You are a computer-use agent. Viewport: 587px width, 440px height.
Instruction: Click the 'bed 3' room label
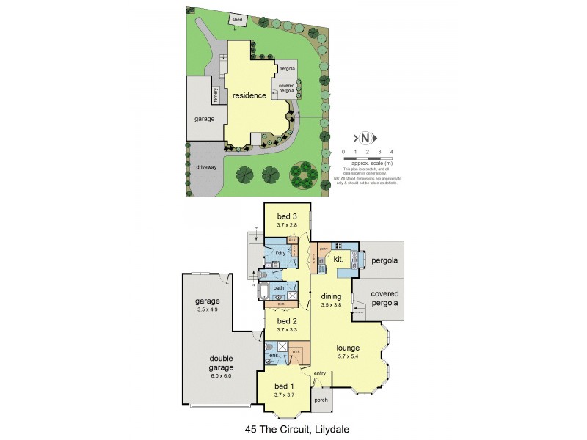click(288, 216)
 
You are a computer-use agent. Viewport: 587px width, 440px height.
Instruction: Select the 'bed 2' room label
click(288, 320)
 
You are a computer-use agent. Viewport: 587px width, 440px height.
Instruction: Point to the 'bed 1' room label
click(283, 386)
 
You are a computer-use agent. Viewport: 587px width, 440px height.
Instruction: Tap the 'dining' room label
click(332, 296)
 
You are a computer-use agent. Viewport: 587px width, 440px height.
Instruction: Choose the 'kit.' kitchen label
click(338, 260)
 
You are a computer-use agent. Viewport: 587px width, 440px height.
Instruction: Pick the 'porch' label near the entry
click(321, 400)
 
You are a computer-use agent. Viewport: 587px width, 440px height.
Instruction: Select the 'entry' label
click(319, 374)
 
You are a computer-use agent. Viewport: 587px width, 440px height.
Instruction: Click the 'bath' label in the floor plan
click(279, 287)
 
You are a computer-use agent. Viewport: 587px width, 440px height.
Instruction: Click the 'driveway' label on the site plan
click(206, 167)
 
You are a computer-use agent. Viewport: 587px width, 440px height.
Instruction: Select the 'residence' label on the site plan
click(249, 96)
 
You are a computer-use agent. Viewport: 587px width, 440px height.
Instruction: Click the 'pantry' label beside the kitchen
click(322, 249)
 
